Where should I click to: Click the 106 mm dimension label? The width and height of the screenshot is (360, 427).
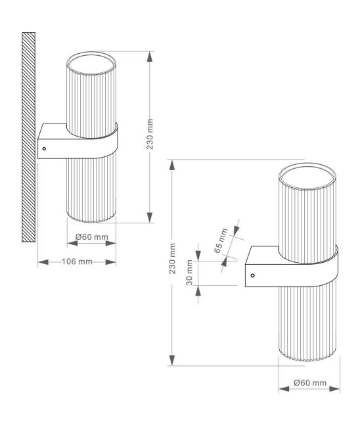[x=77, y=261]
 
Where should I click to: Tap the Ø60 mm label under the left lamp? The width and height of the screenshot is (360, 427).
[x=91, y=237]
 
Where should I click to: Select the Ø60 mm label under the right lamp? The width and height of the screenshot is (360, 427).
[x=310, y=382]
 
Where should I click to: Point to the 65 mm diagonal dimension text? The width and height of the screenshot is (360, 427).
[x=221, y=240]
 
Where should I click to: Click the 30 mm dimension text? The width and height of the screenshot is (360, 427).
[x=189, y=273]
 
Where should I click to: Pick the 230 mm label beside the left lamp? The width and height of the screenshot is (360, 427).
[x=150, y=134]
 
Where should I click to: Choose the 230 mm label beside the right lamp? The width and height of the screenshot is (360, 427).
[x=172, y=258]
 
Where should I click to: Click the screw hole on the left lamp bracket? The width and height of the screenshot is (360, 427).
[x=44, y=148]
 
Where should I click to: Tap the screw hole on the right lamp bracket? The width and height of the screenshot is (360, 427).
[x=252, y=276]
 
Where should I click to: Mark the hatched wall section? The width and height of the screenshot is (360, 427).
[x=29, y=137]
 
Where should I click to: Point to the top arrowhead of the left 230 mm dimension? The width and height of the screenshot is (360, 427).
[x=150, y=56]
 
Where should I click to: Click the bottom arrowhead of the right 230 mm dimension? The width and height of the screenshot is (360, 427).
[x=172, y=360]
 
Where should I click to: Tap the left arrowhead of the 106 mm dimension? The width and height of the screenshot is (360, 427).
[x=43, y=262]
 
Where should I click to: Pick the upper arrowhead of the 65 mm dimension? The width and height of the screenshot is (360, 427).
[x=236, y=229]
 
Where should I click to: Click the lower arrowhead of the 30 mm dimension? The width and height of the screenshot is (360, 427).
[x=198, y=291]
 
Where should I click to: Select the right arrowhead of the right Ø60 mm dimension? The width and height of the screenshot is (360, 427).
[x=334, y=389]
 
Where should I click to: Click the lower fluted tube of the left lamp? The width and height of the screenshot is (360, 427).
[x=91, y=190]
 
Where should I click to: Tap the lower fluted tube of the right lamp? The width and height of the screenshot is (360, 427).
[x=307, y=323]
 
